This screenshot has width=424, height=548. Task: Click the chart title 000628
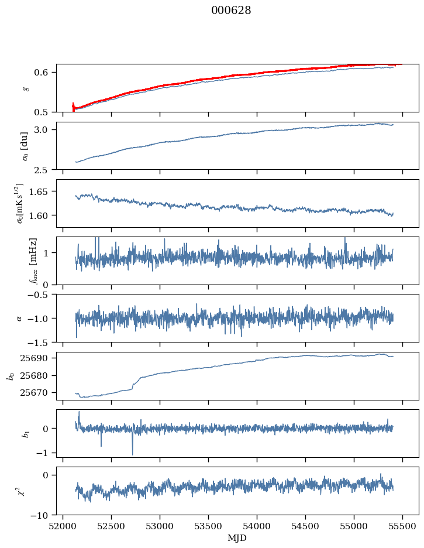231,11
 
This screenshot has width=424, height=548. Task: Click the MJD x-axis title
237,538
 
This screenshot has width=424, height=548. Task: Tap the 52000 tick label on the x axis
63,526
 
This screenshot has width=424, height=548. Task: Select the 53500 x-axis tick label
208,526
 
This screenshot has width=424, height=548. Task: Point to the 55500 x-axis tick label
402,526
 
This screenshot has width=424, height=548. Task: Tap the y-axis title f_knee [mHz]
33,261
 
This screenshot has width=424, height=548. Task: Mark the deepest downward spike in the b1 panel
133,454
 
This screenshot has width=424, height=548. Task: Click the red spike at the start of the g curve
73,107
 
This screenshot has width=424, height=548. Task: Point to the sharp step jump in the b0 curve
134,385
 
